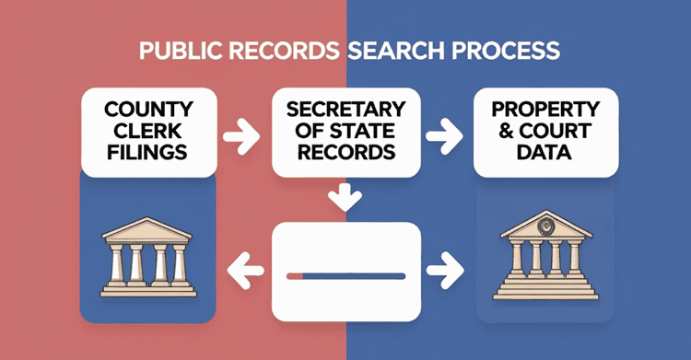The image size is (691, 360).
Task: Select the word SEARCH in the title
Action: [x=393, y=51]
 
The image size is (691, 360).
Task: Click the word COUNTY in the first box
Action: [x=148, y=109]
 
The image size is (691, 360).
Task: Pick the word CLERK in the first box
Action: [x=148, y=131]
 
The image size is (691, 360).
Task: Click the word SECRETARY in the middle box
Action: [x=346, y=109]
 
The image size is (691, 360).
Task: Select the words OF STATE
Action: [x=346, y=131]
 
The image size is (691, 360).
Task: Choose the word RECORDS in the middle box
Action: [x=346, y=152]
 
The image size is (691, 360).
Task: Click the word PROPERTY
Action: [x=544, y=109]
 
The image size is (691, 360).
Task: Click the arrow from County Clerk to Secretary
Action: [x=243, y=141]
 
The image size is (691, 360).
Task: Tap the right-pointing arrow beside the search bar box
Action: [x=446, y=273]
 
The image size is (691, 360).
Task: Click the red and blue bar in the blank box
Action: [x=346, y=274]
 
